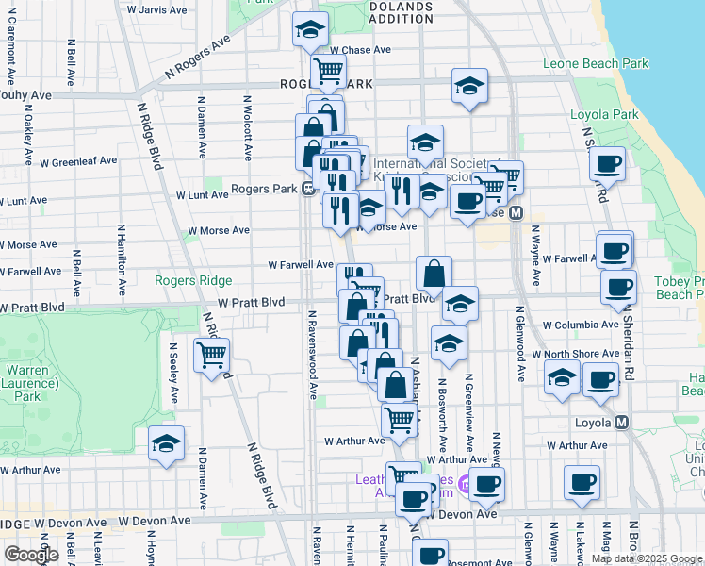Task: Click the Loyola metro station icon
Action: pyautogui.click(x=621, y=422)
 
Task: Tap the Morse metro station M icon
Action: pyautogui.click(x=516, y=214)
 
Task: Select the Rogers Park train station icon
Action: pyautogui.click(x=307, y=188)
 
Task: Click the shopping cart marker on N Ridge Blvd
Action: pyautogui.click(x=212, y=356)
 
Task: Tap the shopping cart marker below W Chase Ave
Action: pyautogui.click(x=328, y=70)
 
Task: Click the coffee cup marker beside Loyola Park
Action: pyautogui.click(x=608, y=163)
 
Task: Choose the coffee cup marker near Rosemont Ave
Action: pyautogui.click(x=432, y=557)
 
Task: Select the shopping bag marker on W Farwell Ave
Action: pyautogui.click(x=433, y=275)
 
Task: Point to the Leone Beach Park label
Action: pyautogui.click(x=596, y=64)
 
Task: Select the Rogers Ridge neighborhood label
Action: pyautogui.click(x=194, y=280)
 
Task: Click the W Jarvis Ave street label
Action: pyautogui.click(x=156, y=8)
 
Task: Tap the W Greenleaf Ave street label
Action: pyautogui.click(x=78, y=161)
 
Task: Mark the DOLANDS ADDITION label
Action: pyautogui.click(x=400, y=11)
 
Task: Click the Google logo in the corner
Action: pyautogui.click(x=31, y=555)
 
